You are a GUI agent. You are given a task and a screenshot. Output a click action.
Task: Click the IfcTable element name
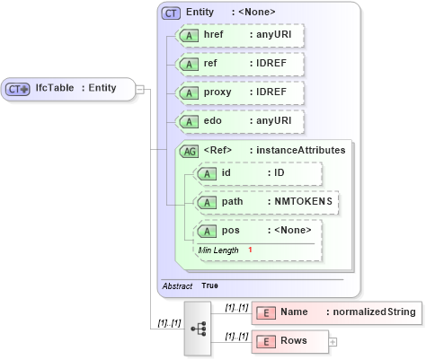coord(55,88)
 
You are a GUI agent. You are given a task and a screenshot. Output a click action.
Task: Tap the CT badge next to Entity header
coord(171,13)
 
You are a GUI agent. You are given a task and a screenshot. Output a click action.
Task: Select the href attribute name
coord(214,35)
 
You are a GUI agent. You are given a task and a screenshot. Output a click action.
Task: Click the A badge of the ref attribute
coord(189,64)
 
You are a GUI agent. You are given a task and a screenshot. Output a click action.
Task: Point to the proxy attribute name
coord(217,92)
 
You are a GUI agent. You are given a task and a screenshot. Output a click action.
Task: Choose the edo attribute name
coord(213,121)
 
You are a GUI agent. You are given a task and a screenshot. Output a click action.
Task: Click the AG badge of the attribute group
coord(190,151)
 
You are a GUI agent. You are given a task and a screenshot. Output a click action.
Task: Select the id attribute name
coord(226,173)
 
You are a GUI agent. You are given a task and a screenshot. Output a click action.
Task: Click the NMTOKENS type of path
coord(303,202)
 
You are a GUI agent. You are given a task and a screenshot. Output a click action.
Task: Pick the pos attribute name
coord(230,231)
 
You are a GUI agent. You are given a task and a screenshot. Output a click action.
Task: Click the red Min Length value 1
coord(250,249)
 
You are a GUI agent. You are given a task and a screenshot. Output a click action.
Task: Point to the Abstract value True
coord(209,285)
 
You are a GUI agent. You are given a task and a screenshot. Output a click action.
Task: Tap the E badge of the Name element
coord(266,312)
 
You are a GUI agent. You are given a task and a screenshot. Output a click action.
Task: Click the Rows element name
coord(294,341)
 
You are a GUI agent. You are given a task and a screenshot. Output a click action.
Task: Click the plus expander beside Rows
coord(333,342)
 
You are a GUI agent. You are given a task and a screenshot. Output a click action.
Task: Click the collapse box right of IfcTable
coord(140,88)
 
